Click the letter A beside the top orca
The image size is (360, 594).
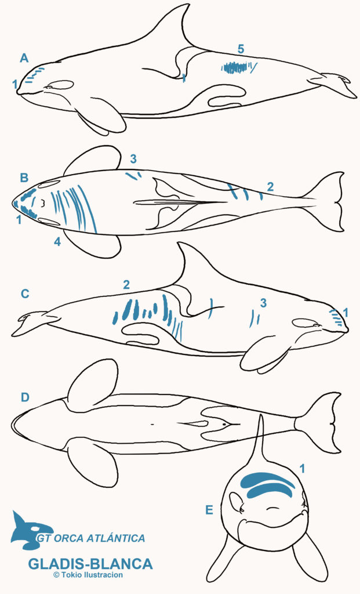[24, 59]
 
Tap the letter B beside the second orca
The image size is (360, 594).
[24, 178]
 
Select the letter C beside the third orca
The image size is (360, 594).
[25, 294]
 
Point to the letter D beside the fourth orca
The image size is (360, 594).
[25, 397]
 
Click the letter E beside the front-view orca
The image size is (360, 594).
[209, 510]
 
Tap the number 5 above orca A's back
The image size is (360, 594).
[241, 49]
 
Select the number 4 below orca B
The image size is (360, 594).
[57, 242]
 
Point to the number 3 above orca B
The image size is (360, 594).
[133, 159]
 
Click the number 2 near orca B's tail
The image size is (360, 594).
[270, 186]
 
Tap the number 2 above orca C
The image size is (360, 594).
[126, 285]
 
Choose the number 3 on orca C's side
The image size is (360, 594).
[263, 303]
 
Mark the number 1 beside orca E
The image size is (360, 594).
[301, 469]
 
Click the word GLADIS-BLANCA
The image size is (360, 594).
[90, 564]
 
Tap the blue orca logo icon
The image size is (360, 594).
[31, 530]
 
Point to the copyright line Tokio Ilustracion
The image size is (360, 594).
[88, 575]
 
